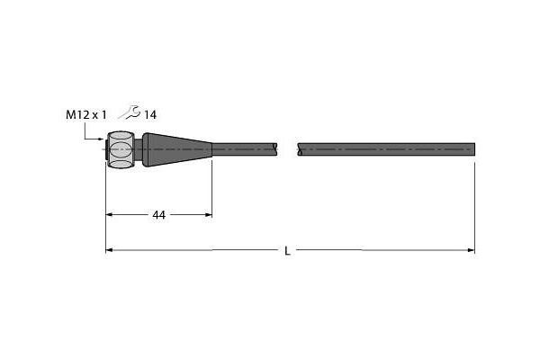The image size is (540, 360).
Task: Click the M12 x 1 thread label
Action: point(86,114)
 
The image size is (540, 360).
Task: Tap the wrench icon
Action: point(129,112)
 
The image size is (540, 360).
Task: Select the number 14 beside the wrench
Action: point(150,115)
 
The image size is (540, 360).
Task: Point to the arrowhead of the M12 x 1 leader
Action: point(101,139)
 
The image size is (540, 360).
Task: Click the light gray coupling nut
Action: point(121,149)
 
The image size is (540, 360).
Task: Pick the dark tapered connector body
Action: point(177,149)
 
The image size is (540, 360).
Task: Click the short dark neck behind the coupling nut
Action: point(139,149)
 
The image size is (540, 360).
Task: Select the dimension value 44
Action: point(158,215)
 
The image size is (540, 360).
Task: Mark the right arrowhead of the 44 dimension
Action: point(209,214)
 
